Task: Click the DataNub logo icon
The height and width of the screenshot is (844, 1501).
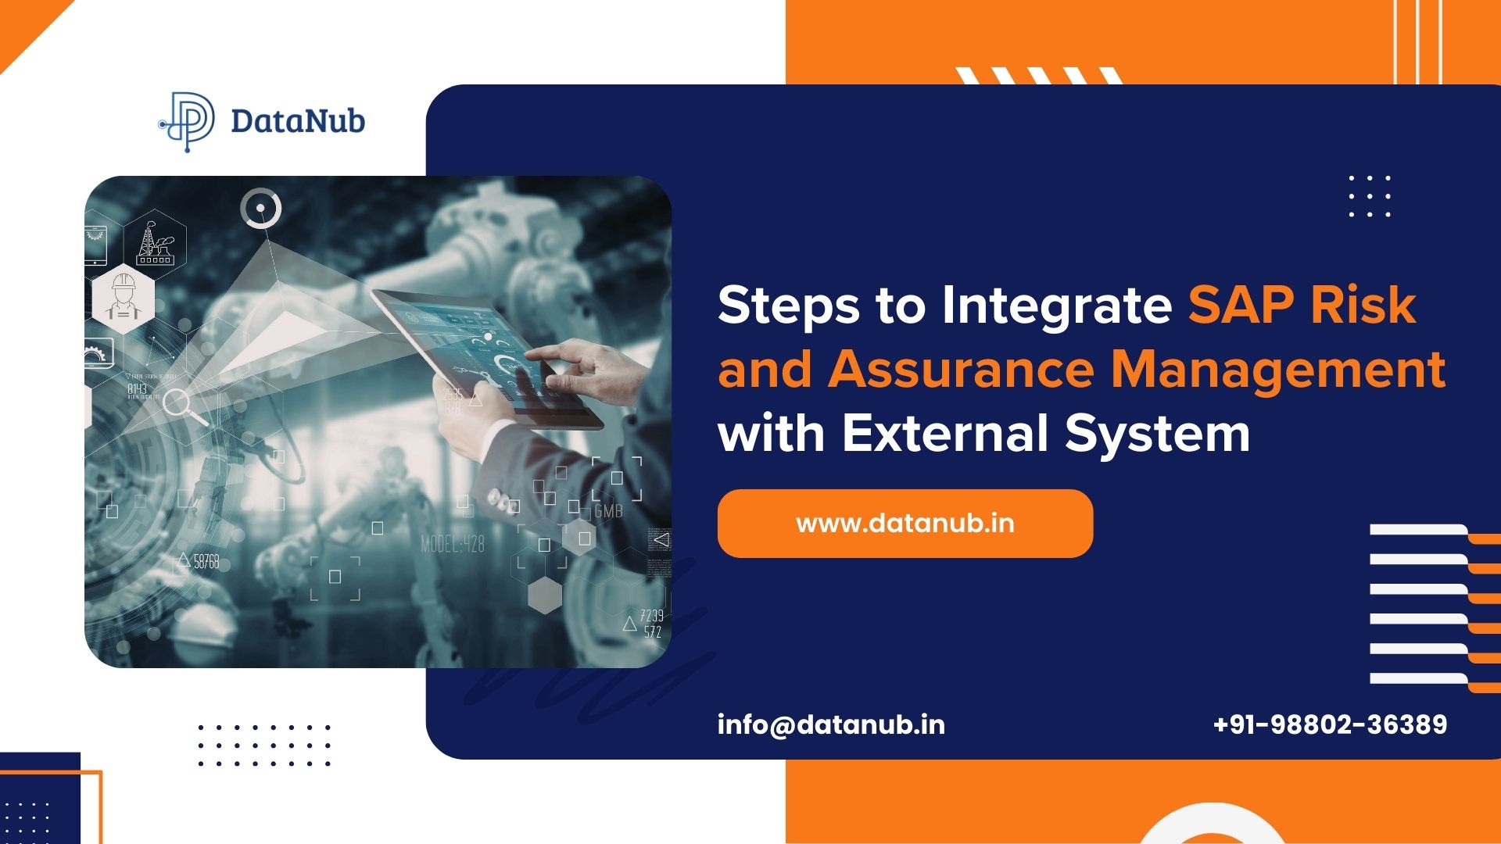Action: (188, 121)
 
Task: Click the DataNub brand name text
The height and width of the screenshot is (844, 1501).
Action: (298, 122)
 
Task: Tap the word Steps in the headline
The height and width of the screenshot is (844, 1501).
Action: (788, 306)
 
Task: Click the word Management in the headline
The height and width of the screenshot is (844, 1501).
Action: (1278, 370)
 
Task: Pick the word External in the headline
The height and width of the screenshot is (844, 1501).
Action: (944, 433)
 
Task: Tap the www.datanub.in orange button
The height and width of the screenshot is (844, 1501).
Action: (905, 524)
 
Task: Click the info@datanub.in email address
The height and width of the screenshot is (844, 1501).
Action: (831, 725)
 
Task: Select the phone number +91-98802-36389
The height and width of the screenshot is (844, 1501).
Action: (1330, 725)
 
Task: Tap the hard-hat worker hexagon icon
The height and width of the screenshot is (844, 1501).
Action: (123, 298)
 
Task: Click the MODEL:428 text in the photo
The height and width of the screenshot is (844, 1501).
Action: (453, 544)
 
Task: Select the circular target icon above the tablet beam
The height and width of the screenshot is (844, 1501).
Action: (260, 208)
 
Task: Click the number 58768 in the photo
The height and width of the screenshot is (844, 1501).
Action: (206, 561)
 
